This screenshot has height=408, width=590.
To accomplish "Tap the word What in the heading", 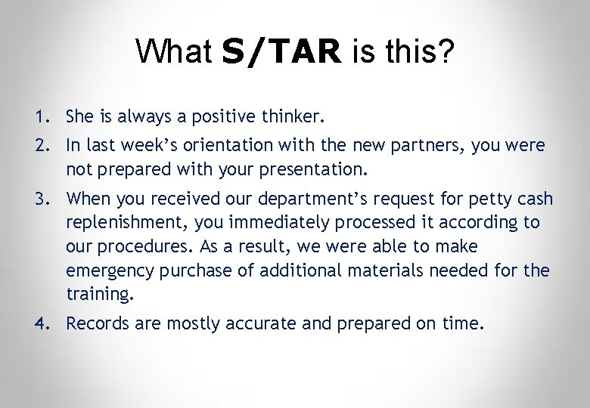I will pos(174,51).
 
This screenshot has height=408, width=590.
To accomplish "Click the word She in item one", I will pos(79,117).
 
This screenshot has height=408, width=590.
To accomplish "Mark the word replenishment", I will pos(120,222).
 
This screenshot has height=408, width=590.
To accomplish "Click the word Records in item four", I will pos(95,323).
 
